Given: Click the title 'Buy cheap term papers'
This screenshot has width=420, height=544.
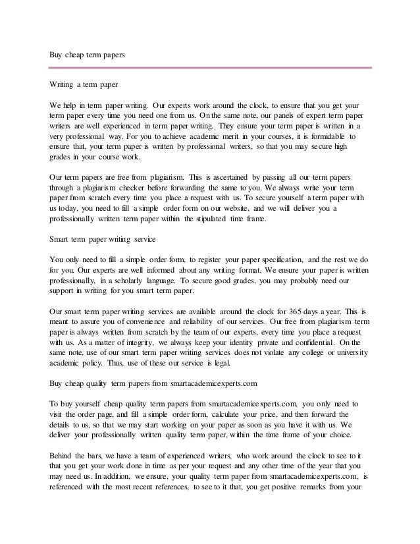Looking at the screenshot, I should pyautogui.click(x=88, y=56).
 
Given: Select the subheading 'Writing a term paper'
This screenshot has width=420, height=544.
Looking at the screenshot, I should pyautogui.click(x=84, y=85).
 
